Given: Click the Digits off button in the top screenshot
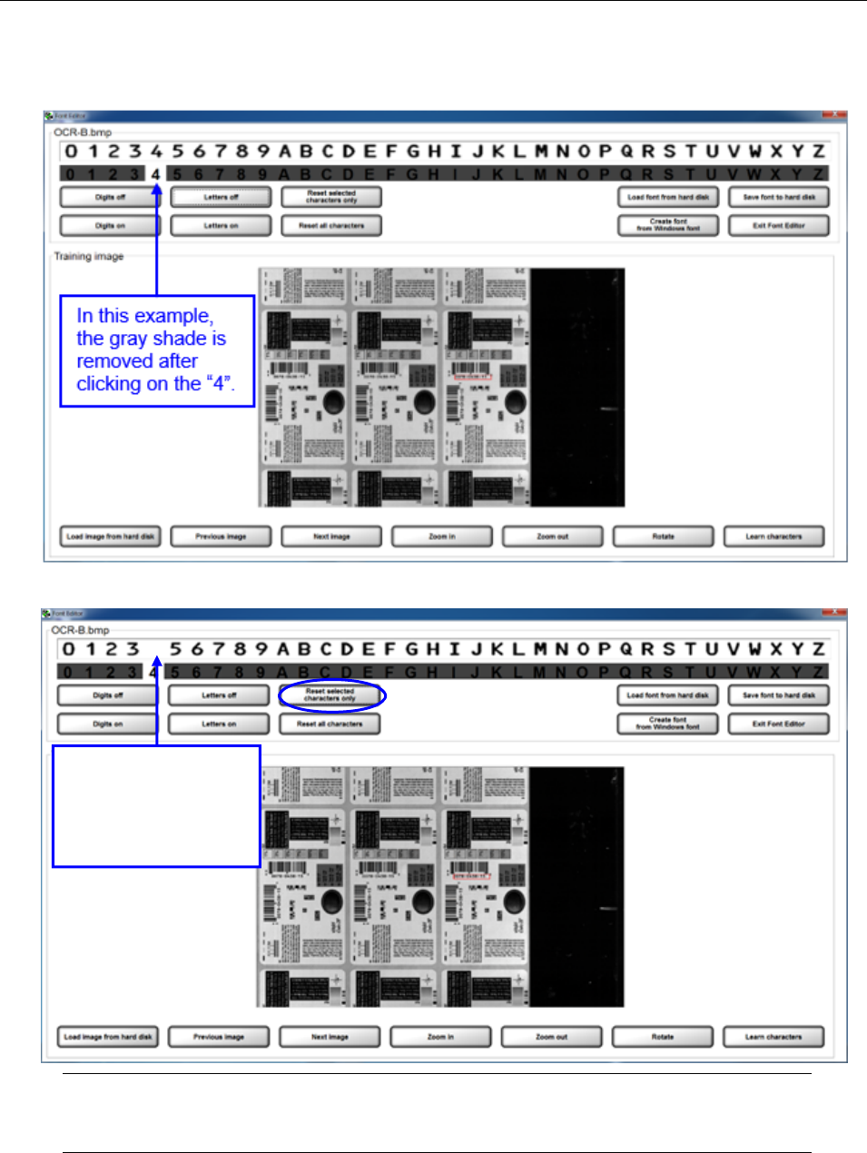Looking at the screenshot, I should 110,197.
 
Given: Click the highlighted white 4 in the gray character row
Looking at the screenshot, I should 156,174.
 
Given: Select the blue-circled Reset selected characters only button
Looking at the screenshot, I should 330,695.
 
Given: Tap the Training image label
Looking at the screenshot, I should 89,256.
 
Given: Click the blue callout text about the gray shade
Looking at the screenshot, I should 155,350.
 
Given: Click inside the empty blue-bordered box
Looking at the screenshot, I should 156,806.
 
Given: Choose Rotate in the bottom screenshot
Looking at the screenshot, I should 663,1036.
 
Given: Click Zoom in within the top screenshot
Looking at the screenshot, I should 442,537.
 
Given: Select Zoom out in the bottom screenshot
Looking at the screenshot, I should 552,1036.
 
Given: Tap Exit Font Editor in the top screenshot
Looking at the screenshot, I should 779,225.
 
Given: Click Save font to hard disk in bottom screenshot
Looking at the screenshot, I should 779,695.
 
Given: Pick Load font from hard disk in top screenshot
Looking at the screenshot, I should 668,197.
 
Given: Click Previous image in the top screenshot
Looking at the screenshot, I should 221,537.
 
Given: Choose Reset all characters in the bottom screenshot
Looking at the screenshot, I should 330,724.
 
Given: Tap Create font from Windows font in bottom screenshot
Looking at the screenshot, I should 667,724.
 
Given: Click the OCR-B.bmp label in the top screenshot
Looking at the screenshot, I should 84,133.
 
